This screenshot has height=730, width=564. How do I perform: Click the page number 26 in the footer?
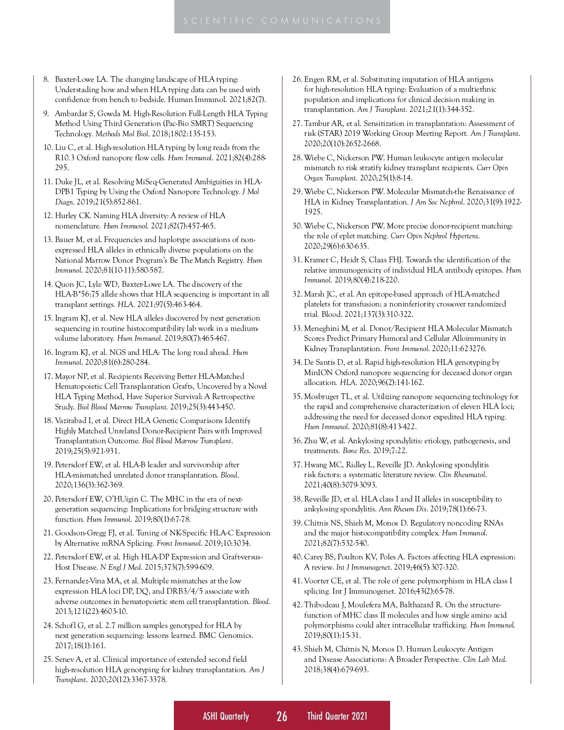click(282, 716)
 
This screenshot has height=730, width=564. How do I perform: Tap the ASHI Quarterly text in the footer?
click(226, 716)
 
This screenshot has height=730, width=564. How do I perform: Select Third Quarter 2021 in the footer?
click(337, 716)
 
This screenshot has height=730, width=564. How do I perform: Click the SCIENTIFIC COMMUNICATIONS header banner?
click(282, 21)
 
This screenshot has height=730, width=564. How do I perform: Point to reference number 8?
click(46, 79)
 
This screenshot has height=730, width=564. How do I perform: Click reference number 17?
click(47, 377)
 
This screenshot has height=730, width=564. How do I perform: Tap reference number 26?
click(297, 79)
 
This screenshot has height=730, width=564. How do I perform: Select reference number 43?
click(297, 649)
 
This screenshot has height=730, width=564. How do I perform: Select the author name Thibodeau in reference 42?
click(323, 605)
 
